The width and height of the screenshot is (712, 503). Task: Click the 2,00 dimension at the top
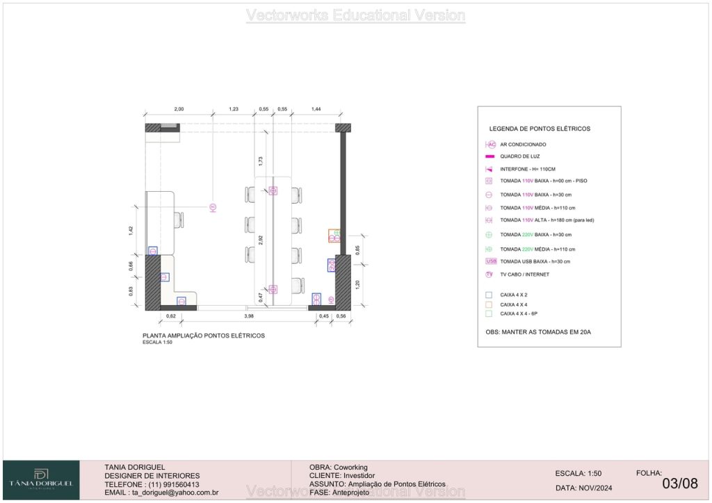click(179, 109)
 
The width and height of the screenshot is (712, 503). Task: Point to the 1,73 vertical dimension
click(261, 160)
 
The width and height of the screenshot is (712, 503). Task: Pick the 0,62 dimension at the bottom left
click(170, 317)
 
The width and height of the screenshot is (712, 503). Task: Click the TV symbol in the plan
click(213, 206)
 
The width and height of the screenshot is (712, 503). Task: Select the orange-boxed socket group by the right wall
click(335, 236)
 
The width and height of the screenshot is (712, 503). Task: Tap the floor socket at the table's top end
click(273, 190)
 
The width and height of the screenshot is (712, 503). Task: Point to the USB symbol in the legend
click(491, 261)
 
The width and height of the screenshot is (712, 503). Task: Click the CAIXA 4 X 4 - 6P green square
click(489, 314)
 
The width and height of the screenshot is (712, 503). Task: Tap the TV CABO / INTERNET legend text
click(524, 274)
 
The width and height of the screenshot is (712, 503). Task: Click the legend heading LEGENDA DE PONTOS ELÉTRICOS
click(540, 129)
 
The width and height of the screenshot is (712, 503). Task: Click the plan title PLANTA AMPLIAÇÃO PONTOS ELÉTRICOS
click(203, 336)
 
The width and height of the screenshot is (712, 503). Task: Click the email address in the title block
click(161, 493)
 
